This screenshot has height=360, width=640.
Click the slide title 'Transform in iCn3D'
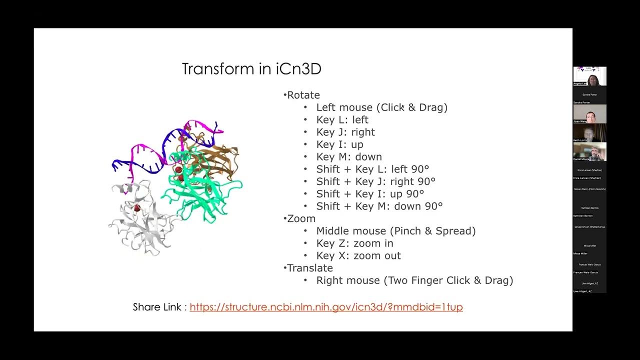pos(251,69)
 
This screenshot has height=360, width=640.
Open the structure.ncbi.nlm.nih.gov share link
pos(326,307)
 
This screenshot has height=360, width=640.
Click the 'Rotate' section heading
pos(303,95)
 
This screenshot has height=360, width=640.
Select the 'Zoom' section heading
pos(301,218)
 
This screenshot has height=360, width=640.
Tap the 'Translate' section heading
pos(309,268)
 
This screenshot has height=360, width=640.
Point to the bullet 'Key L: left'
pos(342,120)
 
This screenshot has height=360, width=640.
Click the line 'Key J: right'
pos(345,132)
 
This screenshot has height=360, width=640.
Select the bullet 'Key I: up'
pos(339,144)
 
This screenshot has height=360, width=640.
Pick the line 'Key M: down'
pos(349,157)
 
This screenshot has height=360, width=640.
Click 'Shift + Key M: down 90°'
pos(379,206)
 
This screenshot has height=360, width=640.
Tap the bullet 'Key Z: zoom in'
pos(354,243)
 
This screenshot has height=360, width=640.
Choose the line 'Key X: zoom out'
pos(358,255)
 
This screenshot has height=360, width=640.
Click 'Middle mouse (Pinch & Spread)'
pos(395,231)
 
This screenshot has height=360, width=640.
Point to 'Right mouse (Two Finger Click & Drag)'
pos(414,280)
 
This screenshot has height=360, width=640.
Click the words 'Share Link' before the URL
pos(157,307)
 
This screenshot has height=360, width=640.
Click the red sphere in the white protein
pos(136,207)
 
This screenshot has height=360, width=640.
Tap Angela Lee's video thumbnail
pos(589,76)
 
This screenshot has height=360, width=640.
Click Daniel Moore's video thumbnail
pos(589,151)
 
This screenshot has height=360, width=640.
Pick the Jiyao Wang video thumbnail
pos(589,114)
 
